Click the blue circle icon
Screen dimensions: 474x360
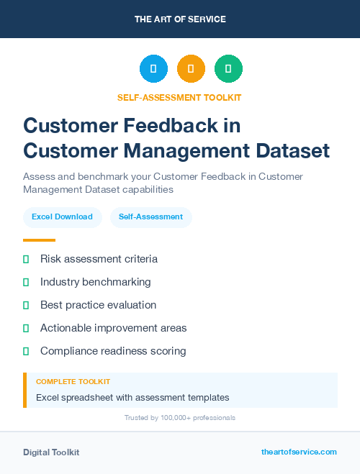(153, 68)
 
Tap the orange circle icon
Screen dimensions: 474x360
(191, 68)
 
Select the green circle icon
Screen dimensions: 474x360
(228, 68)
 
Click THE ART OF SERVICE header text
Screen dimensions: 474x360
(180, 19)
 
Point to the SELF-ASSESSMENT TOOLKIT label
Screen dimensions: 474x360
(179, 97)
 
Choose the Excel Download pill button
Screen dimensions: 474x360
(62, 217)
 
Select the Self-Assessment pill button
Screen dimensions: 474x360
(150, 217)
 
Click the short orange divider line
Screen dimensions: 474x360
(39, 240)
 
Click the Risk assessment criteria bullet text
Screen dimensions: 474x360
(99, 259)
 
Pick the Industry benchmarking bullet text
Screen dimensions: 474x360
(96, 282)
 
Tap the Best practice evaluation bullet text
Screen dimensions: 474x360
(98, 305)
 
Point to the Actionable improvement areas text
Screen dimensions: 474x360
(113, 328)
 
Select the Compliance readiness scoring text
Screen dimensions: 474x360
(113, 351)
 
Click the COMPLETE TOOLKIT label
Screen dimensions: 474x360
(73, 382)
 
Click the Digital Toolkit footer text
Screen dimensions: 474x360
(51, 452)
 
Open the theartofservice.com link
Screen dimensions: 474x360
(299, 452)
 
